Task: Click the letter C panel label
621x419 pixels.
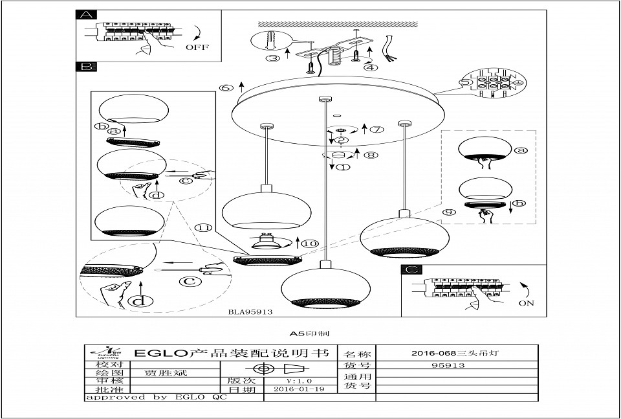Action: point(411,269)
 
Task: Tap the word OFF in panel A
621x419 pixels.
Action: point(197,47)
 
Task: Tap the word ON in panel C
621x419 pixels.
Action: point(527,303)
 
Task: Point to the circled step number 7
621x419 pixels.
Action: point(376,129)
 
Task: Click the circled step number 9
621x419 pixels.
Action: point(450,212)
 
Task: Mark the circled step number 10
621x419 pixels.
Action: point(310,243)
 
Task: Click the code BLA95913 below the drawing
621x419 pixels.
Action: point(250,311)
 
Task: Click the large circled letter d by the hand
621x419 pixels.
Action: point(137,300)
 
